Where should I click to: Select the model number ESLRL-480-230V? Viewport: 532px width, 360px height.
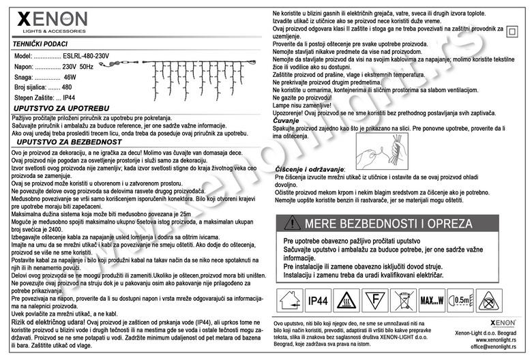point(85,55)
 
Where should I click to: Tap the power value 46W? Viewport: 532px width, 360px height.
point(69,78)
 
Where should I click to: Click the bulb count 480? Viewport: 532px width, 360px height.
point(67,88)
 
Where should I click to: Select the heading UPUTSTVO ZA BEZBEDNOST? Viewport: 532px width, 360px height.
point(64,142)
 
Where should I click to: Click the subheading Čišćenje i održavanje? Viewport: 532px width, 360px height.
point(310,168)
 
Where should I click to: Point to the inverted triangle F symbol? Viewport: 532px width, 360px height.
point(372,299)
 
